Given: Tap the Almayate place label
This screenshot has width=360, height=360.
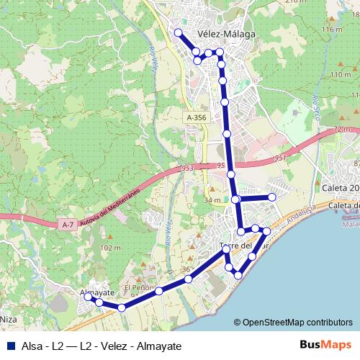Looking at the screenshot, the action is [x=98, y=293].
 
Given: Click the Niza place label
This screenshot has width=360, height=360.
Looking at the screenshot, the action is [x=8, y=318].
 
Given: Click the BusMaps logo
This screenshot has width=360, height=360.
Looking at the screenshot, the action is [x=325, y=345].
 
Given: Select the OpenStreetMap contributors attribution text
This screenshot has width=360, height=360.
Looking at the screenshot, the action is [x=293, y=323].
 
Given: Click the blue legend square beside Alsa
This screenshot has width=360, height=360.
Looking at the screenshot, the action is [x=9, y=346].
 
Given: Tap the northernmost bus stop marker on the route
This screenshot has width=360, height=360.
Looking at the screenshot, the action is [x=178, y=32].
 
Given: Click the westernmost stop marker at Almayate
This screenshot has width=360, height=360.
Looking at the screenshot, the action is [x=87, y=296].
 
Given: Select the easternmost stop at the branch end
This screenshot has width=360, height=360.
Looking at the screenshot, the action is [x=272, y=197].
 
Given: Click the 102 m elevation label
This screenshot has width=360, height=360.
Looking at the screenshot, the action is [x=111, y=248].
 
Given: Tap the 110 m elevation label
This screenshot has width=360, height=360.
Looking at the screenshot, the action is [x=340, y=75].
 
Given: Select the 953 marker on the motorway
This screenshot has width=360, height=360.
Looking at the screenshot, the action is [x=188, y=168].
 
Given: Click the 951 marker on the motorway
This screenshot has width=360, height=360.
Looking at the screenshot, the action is [x=280, y=158].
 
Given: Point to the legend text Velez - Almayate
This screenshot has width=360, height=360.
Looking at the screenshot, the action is [x=140, y=346].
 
